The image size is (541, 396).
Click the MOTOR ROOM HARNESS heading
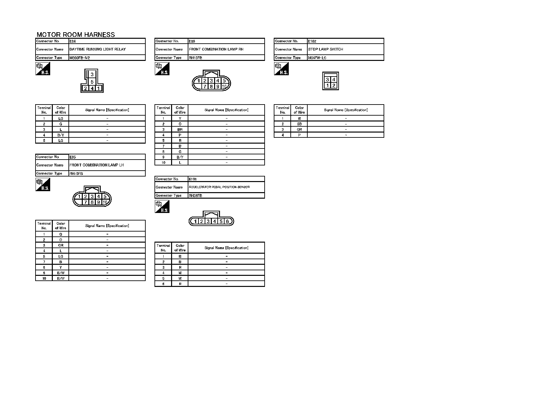(x=76, y=35)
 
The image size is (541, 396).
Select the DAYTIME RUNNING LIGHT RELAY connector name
(x=97, y=49)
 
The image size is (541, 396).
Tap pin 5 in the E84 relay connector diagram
(x=92, y=82)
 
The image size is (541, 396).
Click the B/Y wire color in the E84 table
(x=61, y=135)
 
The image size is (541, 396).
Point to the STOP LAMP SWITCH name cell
(x=325, y=49)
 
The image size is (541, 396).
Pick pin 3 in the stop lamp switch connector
(x=328, y=79)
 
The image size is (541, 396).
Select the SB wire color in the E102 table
(x=299, y=124)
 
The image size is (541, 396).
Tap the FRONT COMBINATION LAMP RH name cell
(x=216, y=49)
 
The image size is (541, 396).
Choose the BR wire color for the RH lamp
(x=180, y=130)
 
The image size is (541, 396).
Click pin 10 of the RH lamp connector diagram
(x=224, y=87)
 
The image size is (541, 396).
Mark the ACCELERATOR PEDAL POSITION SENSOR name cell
(x=219, y=187)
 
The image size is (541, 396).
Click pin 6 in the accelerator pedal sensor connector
(x=227, y=221)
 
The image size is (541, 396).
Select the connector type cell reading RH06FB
(x=195, y=196)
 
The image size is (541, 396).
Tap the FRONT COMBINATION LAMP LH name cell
(x=96, y=165)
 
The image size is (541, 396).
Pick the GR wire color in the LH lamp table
(x=61, y=245)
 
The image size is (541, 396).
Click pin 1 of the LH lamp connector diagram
(x=79, y=196)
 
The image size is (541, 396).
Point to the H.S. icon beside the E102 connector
(x=281, y=69)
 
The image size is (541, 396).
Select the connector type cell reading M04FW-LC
(x=317, y=58)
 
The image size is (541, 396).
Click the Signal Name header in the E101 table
(x=226, y=248)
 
